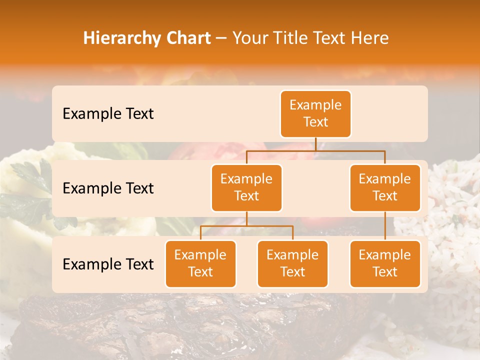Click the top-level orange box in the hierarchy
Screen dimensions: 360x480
(315, 113)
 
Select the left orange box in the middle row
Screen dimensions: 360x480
(246, 187)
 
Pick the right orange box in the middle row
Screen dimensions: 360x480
(384, 187)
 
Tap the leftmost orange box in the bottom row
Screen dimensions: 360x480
(200, 263)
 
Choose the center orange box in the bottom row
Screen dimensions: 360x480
(292, 263)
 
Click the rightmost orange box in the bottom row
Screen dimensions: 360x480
(384, 263)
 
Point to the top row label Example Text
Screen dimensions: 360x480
(108, 113)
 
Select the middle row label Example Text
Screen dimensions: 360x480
(108, 188)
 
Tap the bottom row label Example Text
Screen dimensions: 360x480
(108, 264)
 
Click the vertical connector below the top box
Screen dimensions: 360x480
(315, 144)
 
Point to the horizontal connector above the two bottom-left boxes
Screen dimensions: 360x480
(246, 226)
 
